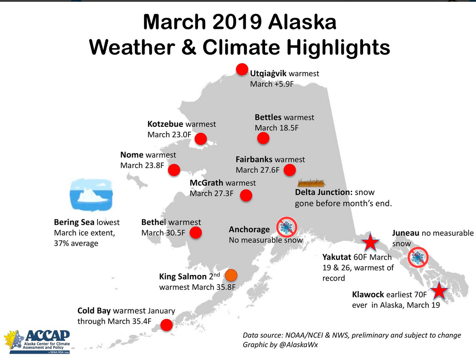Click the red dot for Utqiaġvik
click(242, 69)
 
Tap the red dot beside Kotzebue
click(201, 138)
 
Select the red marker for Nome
click(174, 170)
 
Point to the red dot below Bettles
click(263, 138)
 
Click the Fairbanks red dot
click(290, 170)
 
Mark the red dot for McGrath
click(246, 195)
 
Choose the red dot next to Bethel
click(195, 232)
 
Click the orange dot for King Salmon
click(231, 274)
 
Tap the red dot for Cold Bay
click(166, 325)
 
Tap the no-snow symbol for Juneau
click(418, 257)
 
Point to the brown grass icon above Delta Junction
click(311, 182)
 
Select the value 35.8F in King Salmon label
click(219, 287)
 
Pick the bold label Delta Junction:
click(324, 192)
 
